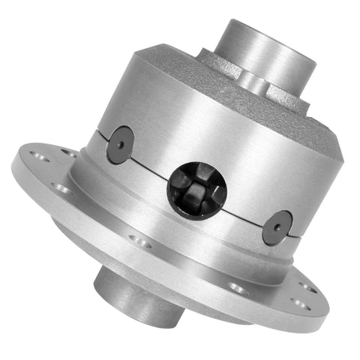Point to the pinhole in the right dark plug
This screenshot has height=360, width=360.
280,225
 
